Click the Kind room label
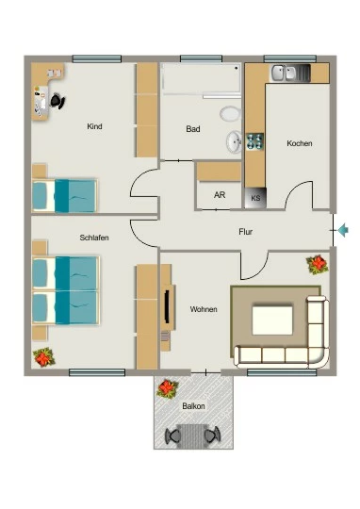[x=94, y=126]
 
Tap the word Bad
[x=193, y=129]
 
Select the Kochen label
[x=300, y=143]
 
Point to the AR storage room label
[x=220, y=195]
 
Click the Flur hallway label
[x=245, y=232]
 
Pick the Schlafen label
[x=94, y=238]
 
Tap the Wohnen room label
[x=204, y=309]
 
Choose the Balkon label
[x=193, y=406]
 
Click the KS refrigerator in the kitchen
[x=255, y=198]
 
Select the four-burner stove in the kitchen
[x=254, y=141]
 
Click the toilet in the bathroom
[x=230, y=114]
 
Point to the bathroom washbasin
[x=234, y=141]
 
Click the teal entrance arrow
[x=343, y=230]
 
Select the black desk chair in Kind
[x=57, y=101]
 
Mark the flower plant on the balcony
[x=168, y=388]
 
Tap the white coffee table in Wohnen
[x=272, y=320]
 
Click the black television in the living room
[x=167, y=306]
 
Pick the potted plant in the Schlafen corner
[x=44, y=357]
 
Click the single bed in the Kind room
[x=65, y=196]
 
